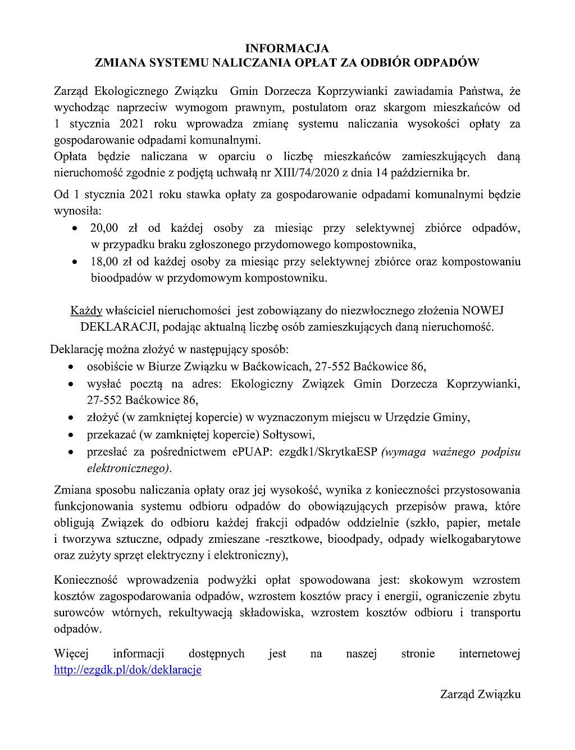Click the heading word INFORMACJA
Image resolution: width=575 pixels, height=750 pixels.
click(287, 49)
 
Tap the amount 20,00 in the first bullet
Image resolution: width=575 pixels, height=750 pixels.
click(104, 228)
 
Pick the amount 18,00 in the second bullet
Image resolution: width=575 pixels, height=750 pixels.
click(104, 262)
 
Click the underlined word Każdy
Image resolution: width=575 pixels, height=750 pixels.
click(86, 310)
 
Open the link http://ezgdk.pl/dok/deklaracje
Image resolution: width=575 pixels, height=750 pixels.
click(127, 670)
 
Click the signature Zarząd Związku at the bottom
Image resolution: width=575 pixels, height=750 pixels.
click(480, 694)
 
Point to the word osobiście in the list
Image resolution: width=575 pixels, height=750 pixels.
click(109, 367)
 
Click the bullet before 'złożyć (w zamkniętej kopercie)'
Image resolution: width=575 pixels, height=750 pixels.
click(70, 418)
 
